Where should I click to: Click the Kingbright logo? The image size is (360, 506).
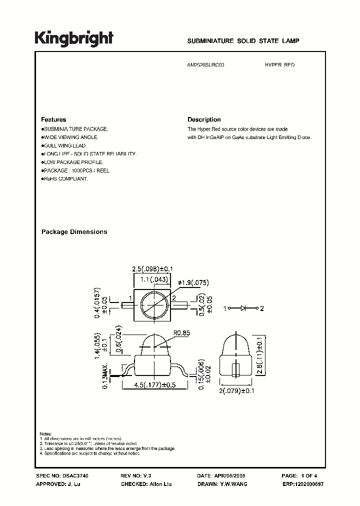[x=74, y=39]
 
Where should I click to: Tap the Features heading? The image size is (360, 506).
[x=53, y=120]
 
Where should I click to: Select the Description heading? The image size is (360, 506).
[x=204, y=120]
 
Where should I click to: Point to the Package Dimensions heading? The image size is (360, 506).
[x=74, y=232]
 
